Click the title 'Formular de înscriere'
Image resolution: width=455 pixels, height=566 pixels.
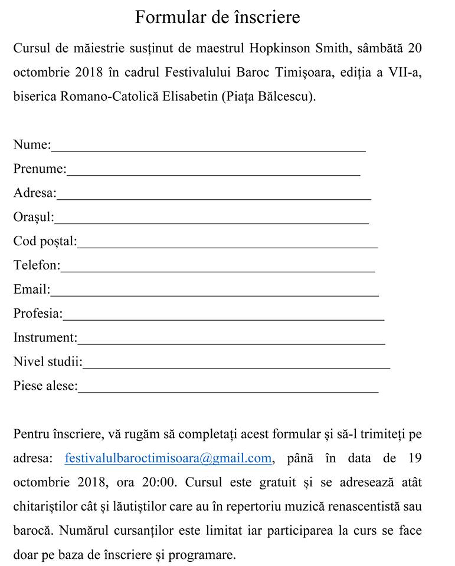click(x=217, y=17)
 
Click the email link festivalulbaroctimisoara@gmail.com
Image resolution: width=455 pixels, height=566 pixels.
click(x=168, y=458)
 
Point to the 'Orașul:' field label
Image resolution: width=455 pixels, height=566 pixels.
click(x=34, y=217)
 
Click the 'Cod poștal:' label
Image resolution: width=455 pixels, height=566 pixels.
click(x=45, y=241)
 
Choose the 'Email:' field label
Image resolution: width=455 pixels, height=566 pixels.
click(x=32, y=289)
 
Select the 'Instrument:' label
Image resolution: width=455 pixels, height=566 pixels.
click(x=45, y=338)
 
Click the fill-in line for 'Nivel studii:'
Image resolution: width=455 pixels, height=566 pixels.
click(x=236, y=365)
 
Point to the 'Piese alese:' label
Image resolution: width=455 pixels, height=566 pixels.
click(x=45, y=386)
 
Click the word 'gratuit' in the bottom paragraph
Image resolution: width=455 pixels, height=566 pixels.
click(x=276, y=482)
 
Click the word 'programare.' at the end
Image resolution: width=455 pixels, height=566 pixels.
click(x=202, y=555)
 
